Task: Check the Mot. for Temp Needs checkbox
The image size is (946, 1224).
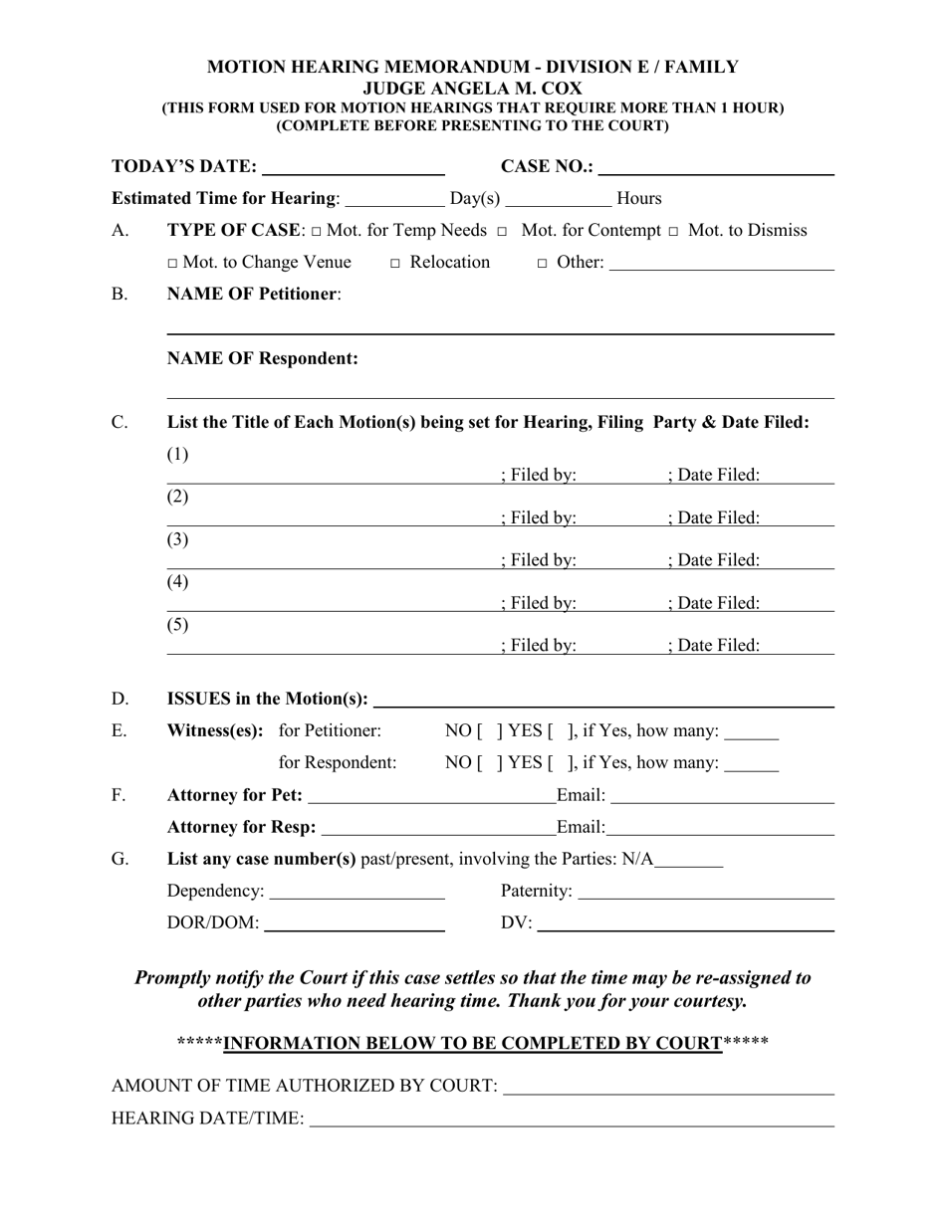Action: (316, 232)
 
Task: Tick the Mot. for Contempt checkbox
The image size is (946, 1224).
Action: (502, 232)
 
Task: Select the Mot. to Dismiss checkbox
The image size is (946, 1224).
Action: (674, 232)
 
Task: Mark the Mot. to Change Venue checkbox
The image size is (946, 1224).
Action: (173, 264)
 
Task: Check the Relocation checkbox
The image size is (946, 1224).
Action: (395, 264)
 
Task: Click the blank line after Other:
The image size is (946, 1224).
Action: (721, 264)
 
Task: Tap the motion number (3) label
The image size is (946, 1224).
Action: (177, 539)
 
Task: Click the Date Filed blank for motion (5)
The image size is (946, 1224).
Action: (798, 647)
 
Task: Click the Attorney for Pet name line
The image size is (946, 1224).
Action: (432, 796)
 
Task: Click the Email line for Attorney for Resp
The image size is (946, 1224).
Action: (720, 828)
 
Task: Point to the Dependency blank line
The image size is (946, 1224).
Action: (356, 892)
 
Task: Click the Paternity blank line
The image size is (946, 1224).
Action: (705, 892)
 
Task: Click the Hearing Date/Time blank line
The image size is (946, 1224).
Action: (572, 1120)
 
